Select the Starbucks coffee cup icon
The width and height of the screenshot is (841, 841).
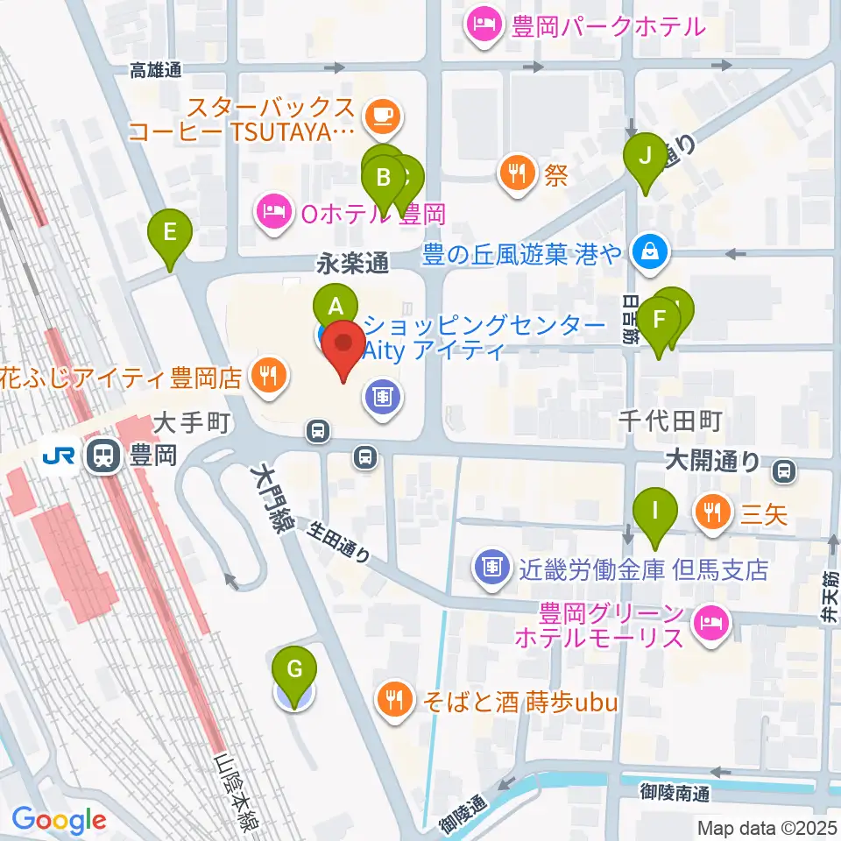pos(381,114)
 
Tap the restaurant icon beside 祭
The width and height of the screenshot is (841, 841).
pos(519,172)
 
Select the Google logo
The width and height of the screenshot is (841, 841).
pos(60,820)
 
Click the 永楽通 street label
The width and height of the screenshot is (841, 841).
pos(352,261)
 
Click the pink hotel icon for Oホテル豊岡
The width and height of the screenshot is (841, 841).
pos(272,211)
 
